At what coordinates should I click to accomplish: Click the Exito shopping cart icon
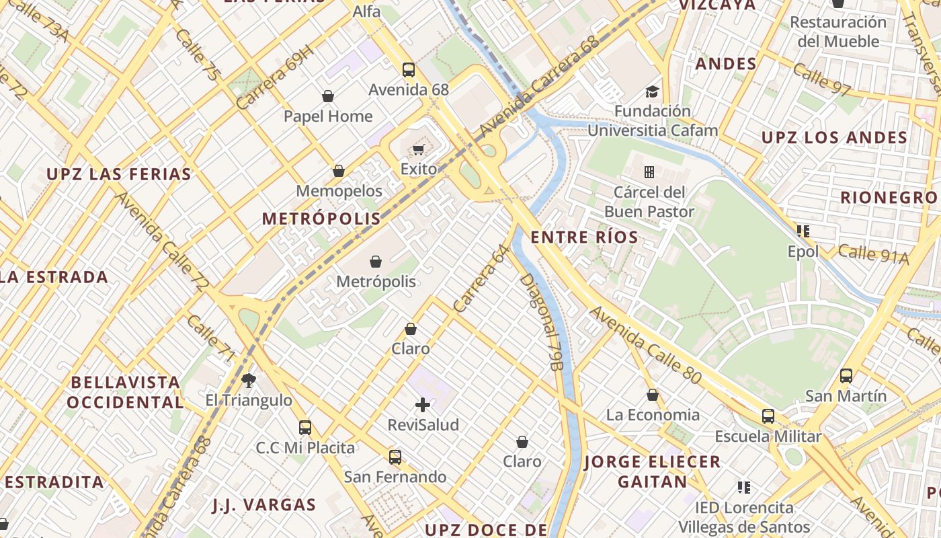[419, 149]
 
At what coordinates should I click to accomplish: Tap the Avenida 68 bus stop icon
[408, 69]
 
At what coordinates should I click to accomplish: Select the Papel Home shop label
[328, 116]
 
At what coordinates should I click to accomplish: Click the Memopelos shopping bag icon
[339, 171]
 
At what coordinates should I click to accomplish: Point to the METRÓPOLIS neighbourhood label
[321, 219]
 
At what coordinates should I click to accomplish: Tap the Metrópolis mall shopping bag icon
[376, 261]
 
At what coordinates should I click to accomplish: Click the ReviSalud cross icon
[423, 404]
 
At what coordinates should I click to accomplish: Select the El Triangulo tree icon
[249, 381]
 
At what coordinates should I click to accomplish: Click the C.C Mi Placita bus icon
[305, 427]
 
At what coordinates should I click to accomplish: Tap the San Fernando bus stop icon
[395, 457]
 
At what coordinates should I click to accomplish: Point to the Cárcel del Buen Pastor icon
[649, 172]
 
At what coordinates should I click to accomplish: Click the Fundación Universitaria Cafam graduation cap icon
[652, 91]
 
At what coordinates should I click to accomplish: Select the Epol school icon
[803, 231]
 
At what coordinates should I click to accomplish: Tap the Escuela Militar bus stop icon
[768, 416]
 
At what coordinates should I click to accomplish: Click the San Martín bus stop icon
[846, 375]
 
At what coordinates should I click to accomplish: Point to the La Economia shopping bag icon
[653, 395]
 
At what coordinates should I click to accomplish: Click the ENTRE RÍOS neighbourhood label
[584, 237]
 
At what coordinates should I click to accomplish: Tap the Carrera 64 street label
[482, 278]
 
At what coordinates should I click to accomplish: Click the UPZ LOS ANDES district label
[834, 138]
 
